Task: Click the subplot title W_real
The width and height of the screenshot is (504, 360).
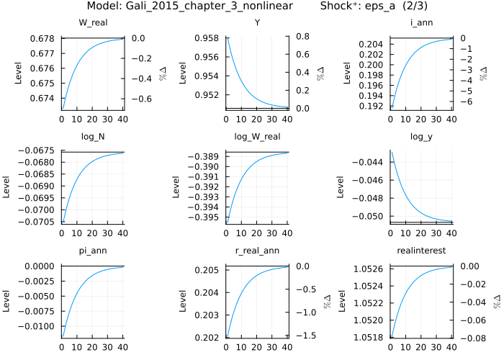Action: pyautogui.click(x=93, y=22)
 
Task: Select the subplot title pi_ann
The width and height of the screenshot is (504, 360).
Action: pyautogui.click(x=93, y=250)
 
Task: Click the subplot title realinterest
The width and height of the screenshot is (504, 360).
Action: pyautogui.click(x=421, y=250)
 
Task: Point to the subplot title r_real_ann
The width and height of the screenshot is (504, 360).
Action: pyautogui.click(x=257, y=250)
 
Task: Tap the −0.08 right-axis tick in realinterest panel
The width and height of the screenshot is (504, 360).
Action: pyautogui.click(x=470, y=337)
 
